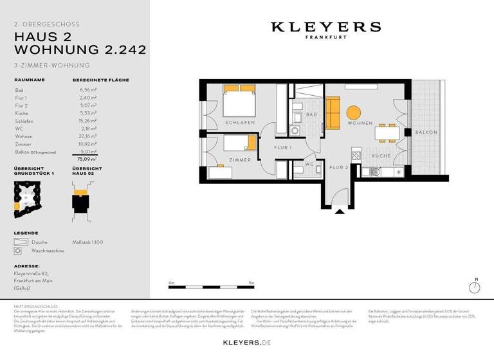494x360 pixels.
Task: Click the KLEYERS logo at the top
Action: click(325, 27)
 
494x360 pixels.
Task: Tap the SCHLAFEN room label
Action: click(240, 122)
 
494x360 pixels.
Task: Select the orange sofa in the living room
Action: click(332, 112)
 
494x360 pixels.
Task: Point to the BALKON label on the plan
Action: click(426, 132)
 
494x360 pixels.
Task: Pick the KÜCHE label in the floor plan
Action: click(382, 156)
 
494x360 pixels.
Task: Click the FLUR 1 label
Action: click(283, 148)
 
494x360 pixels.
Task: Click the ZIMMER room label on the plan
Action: click(240, 159)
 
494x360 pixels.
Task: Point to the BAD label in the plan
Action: click(311, 114)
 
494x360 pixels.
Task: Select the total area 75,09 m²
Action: click(87, 158)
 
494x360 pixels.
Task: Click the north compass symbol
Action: click(476, 287)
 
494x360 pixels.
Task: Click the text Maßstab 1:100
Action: click(88, 242)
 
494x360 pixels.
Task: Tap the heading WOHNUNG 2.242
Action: click(80, 50)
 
